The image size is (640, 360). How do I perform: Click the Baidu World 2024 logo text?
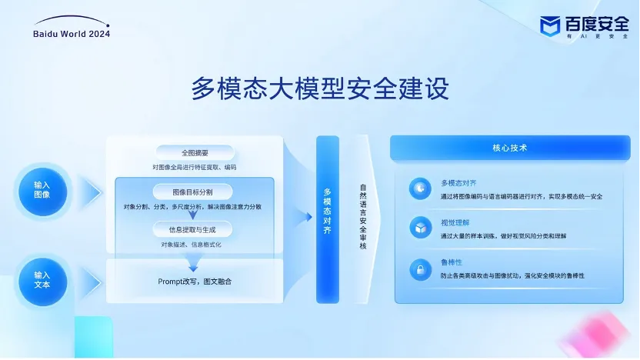coord(72,34)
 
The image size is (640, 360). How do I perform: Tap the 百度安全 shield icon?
coord(549,26)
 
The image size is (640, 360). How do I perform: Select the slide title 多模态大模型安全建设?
coord(320,88)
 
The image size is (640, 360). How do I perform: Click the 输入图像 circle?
coord(42,192)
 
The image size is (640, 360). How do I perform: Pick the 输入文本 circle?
coord(42,282)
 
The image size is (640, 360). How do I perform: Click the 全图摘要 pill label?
coord(195,153)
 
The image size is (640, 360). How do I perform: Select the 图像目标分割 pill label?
coord(192,192)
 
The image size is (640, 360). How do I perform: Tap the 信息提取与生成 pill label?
coord(192,230)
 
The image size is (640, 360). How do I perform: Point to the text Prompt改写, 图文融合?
coord(195,282)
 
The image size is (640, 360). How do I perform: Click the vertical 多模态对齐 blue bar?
coord(328,219)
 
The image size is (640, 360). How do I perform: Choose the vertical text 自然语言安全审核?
coord(363,217)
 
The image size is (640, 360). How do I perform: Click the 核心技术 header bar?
coord(510,148)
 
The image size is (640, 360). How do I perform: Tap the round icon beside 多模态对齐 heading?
coord(420,188)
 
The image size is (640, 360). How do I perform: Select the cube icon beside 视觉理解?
coord(421,228)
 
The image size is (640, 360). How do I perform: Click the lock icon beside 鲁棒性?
coord(421,270)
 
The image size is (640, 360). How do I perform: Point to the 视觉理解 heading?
coord(455,223)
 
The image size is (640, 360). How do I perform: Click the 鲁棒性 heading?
coord(452,262)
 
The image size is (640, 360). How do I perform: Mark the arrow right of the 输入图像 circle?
coord(92,192)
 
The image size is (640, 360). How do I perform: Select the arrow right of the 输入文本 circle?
coord(92,282)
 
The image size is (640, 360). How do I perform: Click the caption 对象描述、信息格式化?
coord(191,245)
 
